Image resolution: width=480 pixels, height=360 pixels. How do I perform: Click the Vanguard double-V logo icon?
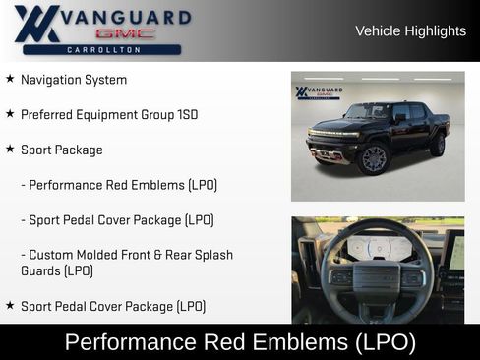click(36, 24)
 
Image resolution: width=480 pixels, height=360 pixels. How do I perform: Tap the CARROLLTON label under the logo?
click(102, 49)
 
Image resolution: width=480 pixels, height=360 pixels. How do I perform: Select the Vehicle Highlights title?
click(410, 31)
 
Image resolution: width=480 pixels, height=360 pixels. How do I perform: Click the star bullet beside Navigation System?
click(10, 79)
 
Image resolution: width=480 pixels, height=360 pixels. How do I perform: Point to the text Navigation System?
click(74, 80)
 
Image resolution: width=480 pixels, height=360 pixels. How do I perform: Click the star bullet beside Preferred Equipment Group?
click(10, 114)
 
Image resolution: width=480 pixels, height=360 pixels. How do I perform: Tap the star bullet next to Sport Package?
click(10, 150)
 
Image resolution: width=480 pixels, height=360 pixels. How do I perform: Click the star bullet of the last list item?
click(10, 306)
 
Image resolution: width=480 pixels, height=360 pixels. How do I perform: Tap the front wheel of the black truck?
click(374, 158)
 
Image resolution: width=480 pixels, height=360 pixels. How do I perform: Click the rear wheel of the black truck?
click(437, 146)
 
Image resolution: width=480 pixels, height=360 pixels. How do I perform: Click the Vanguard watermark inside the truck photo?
click(319, 92)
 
